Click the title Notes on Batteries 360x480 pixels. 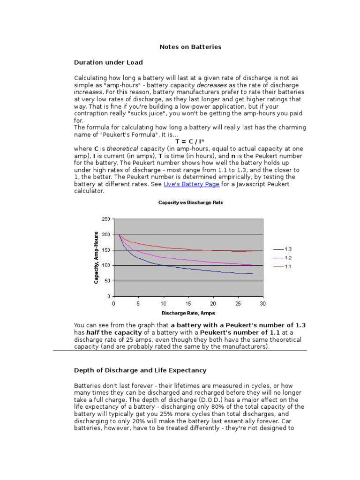pos(190,47)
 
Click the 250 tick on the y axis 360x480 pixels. pos(105,219)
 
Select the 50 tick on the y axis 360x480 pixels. pos(107,281)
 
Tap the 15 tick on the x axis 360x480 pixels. pos(188,303)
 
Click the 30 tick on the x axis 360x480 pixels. pos(262,303)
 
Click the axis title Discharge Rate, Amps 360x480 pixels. pos(188,313)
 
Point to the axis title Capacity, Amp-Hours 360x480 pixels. pos(96,257)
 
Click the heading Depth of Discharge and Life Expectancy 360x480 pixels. pos(140,370)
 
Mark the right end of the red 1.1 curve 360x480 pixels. pos(253,252)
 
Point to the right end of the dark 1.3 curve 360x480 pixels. pos(253,274)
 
